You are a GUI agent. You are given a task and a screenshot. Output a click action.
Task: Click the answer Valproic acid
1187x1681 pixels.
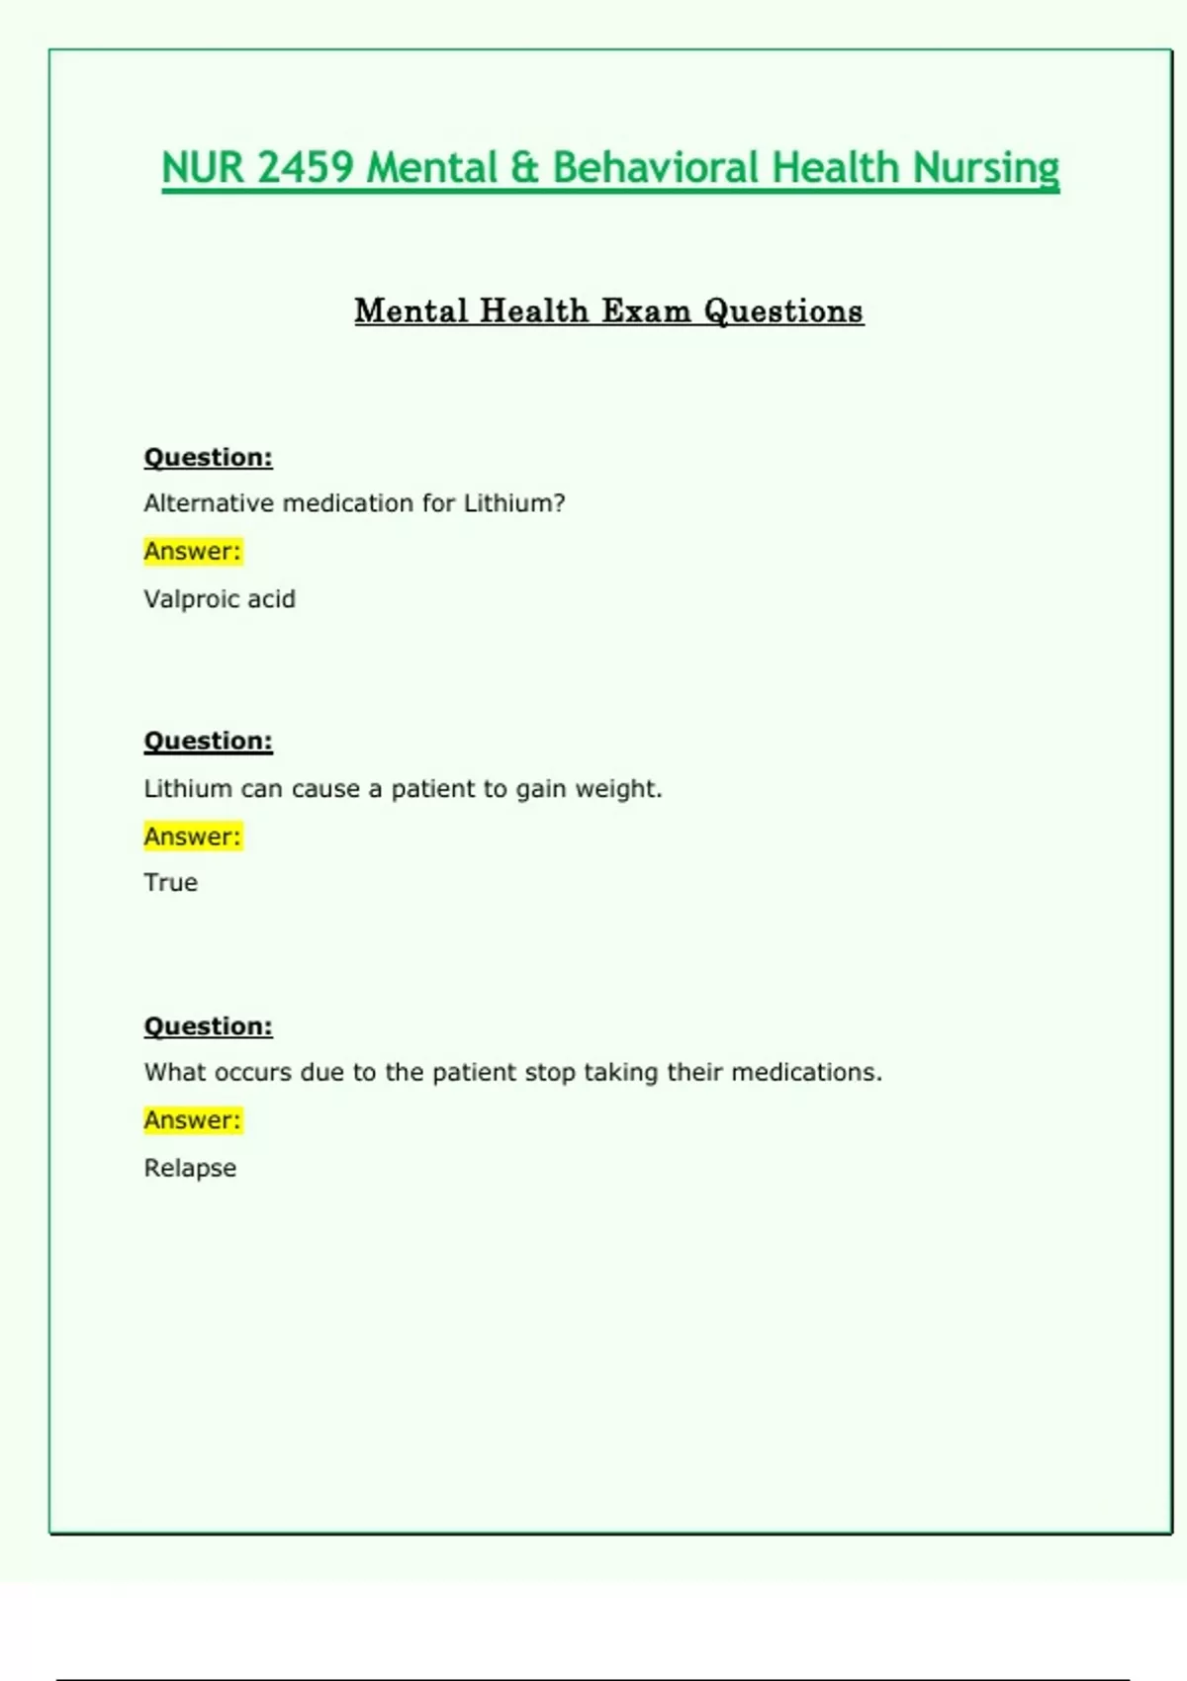click(x=220, y=599)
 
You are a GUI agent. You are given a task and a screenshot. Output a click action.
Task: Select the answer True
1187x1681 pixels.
click(x=171, y=882)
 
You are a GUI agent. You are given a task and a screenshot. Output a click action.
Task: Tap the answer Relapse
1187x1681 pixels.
click(x=190, y=1168)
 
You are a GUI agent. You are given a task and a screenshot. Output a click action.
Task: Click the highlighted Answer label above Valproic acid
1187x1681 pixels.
click(x=193, y=551)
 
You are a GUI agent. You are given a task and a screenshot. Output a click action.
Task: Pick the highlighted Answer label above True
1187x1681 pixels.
click(x=193, y=837)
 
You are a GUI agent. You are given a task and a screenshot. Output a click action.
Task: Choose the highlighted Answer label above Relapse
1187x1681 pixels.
click(x=193, y=1120)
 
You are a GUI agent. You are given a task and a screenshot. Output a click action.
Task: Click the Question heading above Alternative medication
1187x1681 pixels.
click(x=208, y=457)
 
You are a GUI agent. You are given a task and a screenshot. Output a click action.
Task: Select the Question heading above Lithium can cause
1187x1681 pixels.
click(x=208, y=741)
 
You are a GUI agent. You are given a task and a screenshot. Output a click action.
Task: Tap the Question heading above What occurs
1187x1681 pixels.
click(x=208, y=1025)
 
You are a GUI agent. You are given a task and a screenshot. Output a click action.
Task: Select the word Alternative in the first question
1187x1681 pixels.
click(x=209, y=503)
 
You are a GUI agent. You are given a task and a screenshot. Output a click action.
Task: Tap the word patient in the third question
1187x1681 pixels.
click(x=475, y=1072)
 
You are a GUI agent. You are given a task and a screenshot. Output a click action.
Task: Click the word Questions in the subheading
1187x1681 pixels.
click(x=783, y=310)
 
